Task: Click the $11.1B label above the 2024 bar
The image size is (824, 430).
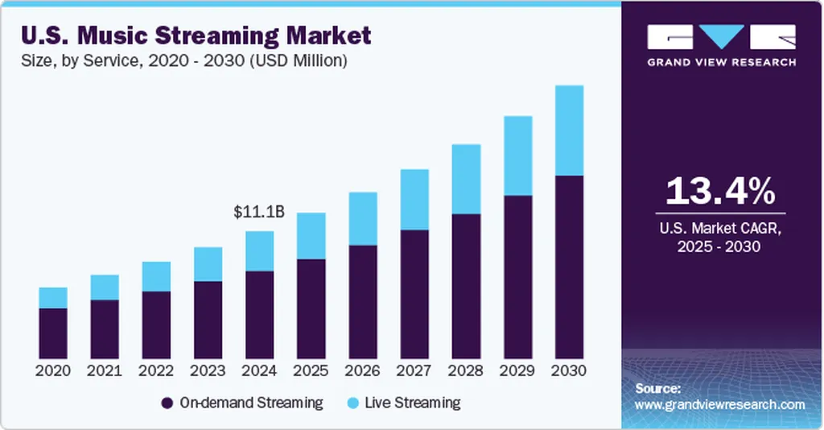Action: [x=259, y=213]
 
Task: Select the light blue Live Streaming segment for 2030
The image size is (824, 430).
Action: [x=569, y=130]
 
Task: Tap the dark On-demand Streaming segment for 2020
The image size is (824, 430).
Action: [x=53, y=333]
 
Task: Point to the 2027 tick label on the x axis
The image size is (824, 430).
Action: [x=414, y=371]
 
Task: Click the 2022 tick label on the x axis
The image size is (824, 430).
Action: [x=156, y=371]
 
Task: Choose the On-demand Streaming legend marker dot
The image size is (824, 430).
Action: [x=167, y=403]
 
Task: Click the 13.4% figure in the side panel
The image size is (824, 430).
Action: [x=721, y=193]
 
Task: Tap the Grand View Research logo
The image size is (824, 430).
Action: [x=721, y=45]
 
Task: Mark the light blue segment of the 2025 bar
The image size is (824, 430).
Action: [x=311, y=236]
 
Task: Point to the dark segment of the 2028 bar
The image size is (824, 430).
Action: [x=466, y=286]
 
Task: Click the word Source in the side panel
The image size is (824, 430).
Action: [x=657, y=388]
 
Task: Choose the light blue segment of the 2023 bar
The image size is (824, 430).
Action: [x=208, y=264]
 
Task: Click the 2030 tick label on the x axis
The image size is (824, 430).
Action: [x=569, y=371]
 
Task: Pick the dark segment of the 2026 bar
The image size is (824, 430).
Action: [x=363, y=302]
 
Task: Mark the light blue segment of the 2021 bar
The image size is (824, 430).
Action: [x=105, y=287]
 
